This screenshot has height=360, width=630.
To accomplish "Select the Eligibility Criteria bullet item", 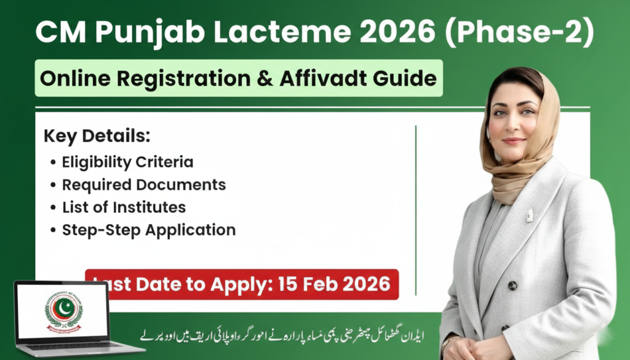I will pyautogui.click(x=127, y=162).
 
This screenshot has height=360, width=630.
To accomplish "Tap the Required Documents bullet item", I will pyautogui.click(x=144, y=185).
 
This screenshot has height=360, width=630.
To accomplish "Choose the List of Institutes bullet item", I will pyautogui.click(x=124, y=207).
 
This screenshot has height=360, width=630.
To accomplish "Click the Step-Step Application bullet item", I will pyautogui.click(x=149, y=230).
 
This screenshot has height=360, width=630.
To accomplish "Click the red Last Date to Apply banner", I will pyautogui.click(x=241, y=284).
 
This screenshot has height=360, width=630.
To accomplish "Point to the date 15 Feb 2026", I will pyautogui.click(x=333, y=284).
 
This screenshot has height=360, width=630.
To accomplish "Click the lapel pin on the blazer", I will pyautogui.click(x=528, y=215).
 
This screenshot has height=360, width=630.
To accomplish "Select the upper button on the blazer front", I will pyautogui.click(x=512, y=286).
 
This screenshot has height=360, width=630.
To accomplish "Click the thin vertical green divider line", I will pyautogui.click(x=416, y=209).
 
